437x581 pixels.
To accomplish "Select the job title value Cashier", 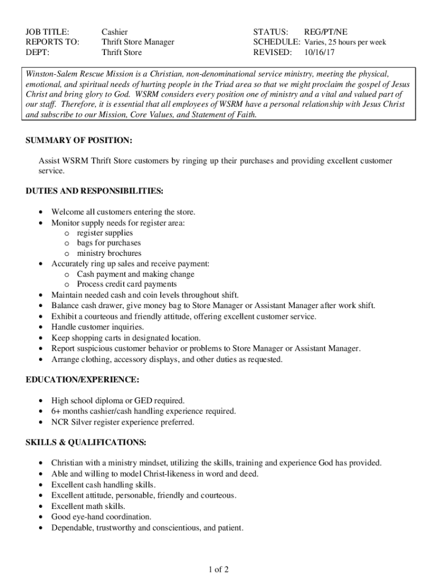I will pyautogui.click(x=115, y=32).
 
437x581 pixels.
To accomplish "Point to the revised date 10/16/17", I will pyautogui.click(x=320, y=52).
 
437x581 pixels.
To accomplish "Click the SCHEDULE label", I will pyautogui.click(x=276, y=42).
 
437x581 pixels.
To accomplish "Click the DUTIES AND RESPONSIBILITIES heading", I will pyautogui.click(x=95, y=191).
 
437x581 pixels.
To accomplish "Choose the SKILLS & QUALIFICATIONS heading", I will pyautogui.click(x=86, y=442).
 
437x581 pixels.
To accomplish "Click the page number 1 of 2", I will pyautogui.click(x=218, y=569).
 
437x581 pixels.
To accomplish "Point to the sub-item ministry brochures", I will pyautogui.click(x=109, y=253).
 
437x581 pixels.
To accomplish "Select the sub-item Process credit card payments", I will pyautogui.click(x=127, y=284).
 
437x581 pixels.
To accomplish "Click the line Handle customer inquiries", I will pyautogui.click(x=98, y=327).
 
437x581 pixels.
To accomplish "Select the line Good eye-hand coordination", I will pyautogui.click(x=101, y=516).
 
